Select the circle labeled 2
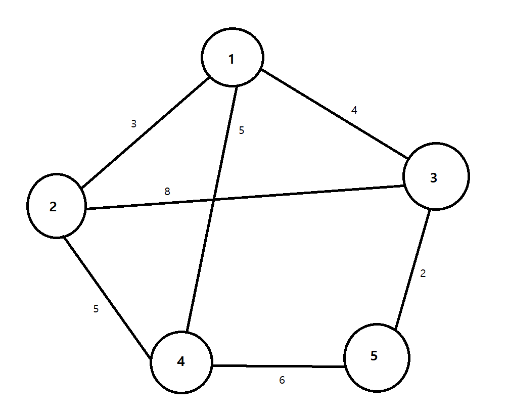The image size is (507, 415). (x=57, y=206)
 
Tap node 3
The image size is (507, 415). (x=436, y=176)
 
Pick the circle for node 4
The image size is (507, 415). (x=181, y=361)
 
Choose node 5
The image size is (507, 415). (x=377, y=357)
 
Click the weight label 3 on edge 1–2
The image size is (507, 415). (x=133, y=123)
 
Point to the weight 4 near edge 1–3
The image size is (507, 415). (x=354, y=110)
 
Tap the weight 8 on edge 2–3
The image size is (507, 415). (x=167, y=192)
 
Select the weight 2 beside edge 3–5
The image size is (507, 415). (x=423, y=274)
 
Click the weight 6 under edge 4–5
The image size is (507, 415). (x=282, y=380)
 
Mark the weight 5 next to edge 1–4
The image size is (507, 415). (x=241, y=130)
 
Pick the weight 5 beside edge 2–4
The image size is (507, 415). (x=96, y=308)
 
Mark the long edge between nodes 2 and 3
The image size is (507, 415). (x=303, y=194)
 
